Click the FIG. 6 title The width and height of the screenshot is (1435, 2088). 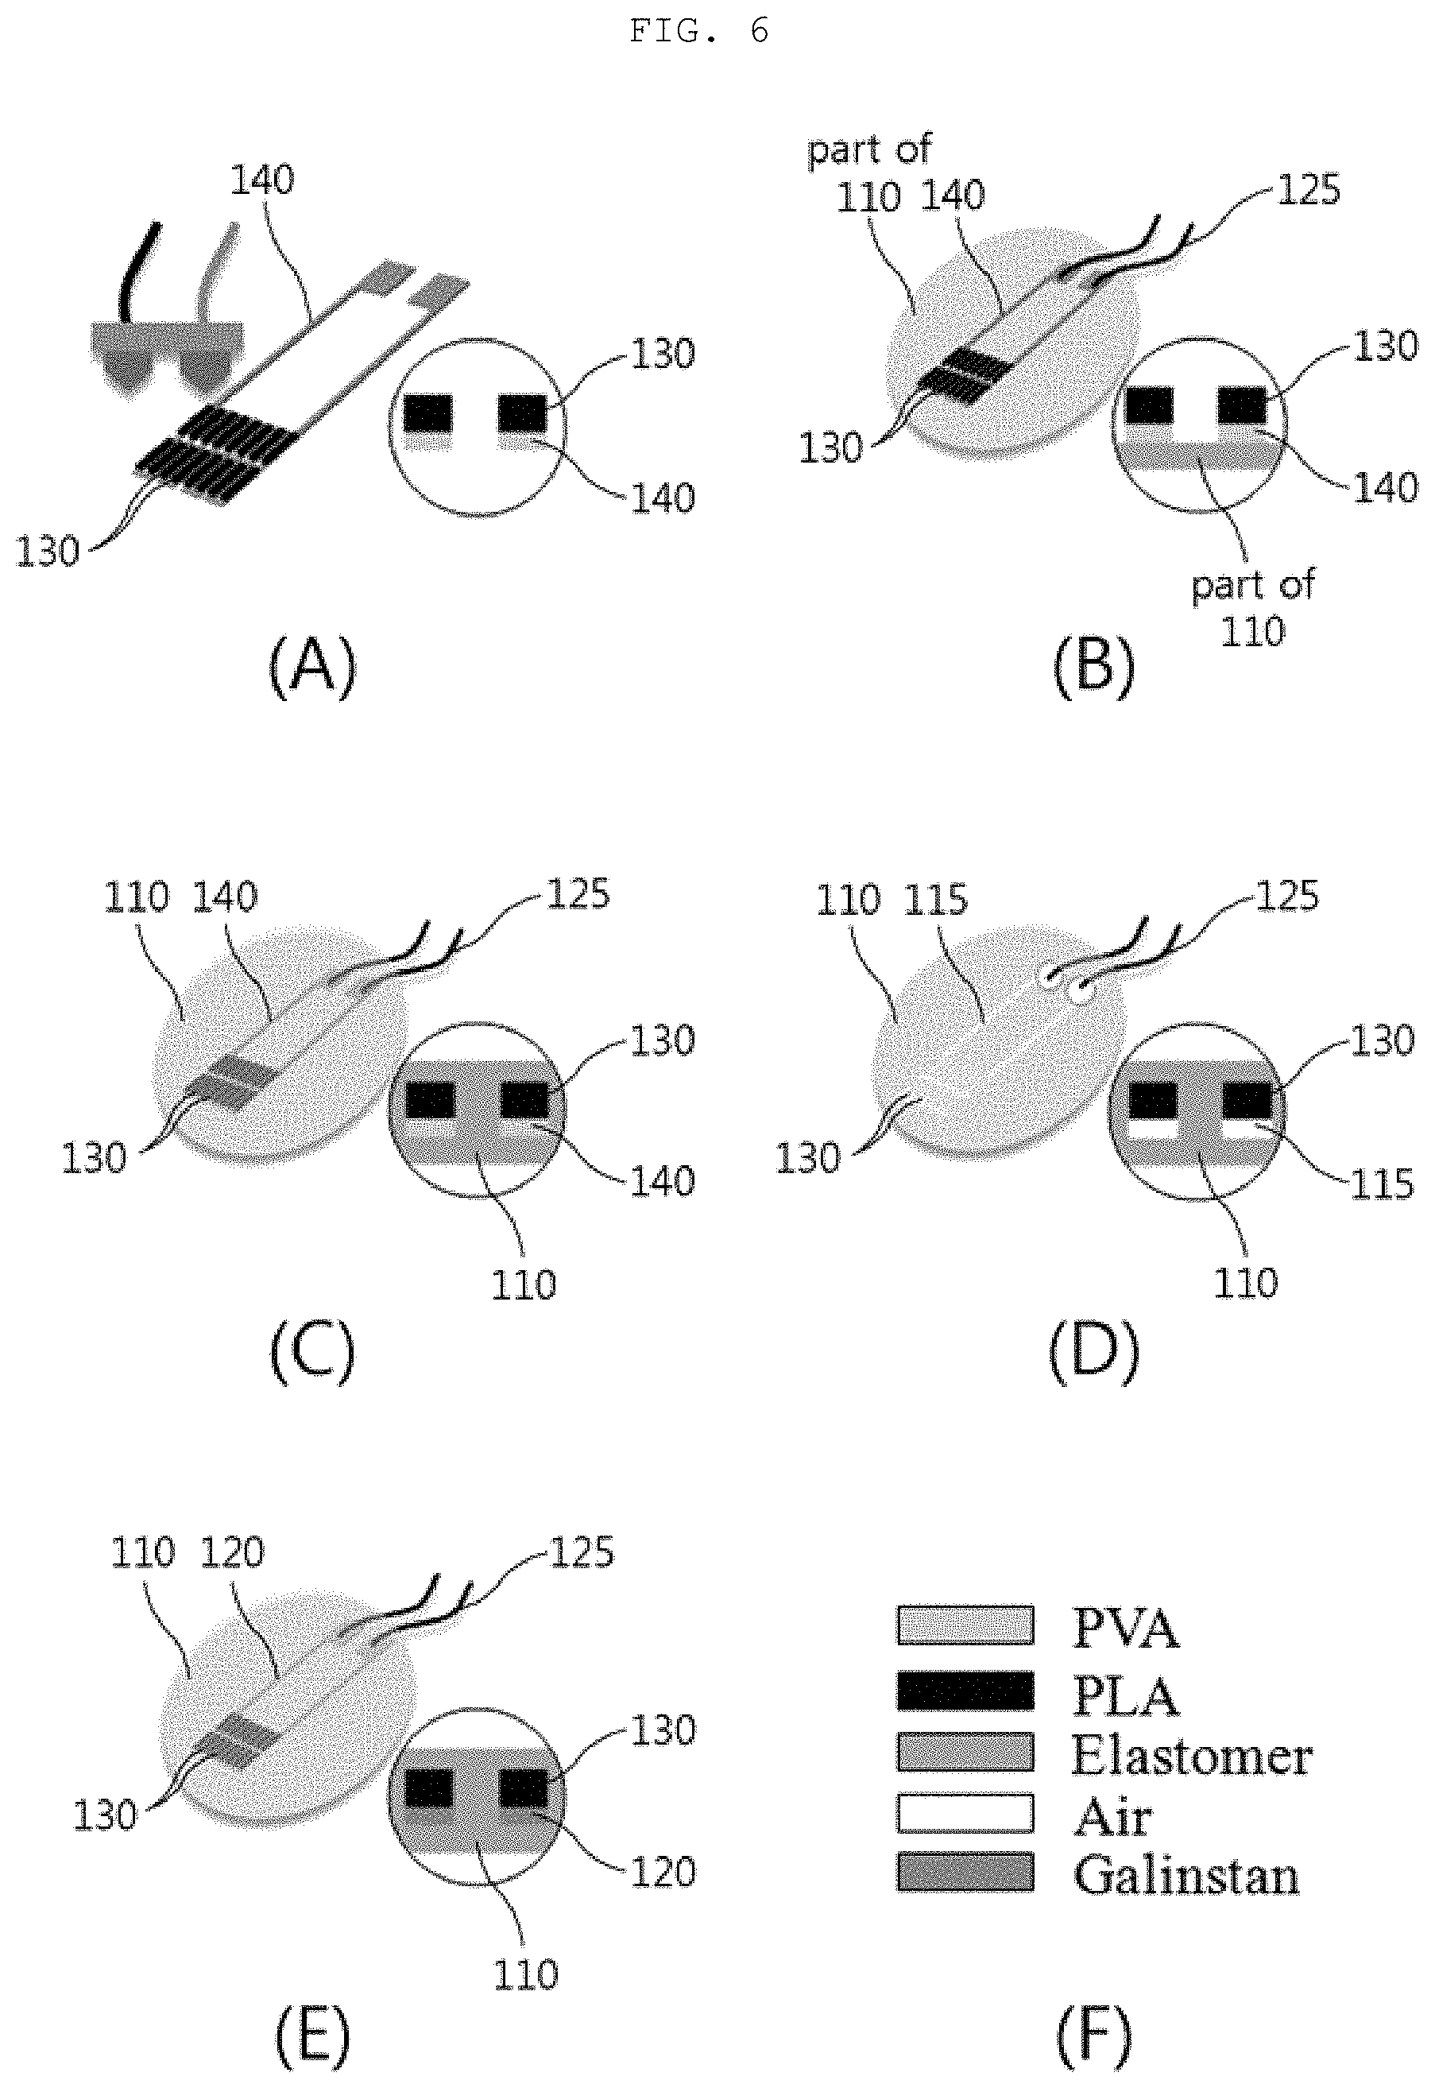coord(699,32)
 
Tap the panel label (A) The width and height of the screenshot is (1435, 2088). coord(312,665)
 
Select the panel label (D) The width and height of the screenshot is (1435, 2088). coord(1093,1350)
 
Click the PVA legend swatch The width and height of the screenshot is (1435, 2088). coord(965,1625)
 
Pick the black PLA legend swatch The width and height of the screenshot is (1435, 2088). coord(965,1691)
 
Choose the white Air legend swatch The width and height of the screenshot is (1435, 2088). coord(965,1813)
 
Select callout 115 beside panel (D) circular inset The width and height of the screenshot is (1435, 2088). coord(1382,1184)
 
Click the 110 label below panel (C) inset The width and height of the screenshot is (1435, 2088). coord(524,1285)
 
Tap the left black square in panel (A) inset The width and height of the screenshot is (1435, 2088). coord(427,413)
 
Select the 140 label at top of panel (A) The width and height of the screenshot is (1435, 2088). coord(261,180)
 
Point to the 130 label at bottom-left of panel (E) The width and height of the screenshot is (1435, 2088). coord(105,1815)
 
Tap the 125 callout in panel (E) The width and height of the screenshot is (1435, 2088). coord(581,1553)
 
